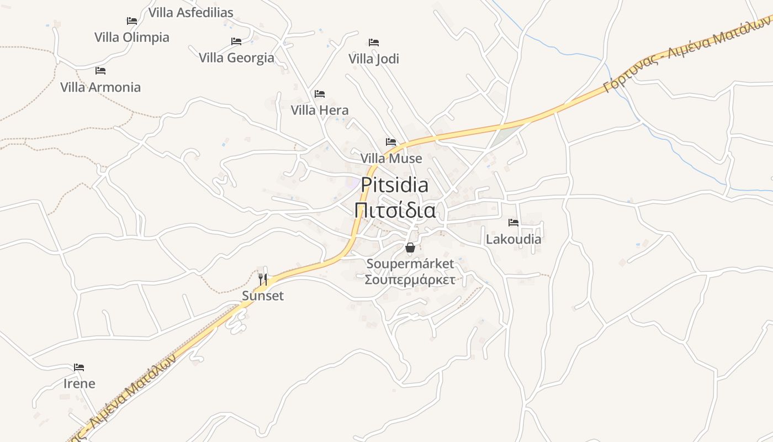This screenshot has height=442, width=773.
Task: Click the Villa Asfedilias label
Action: (190, 12)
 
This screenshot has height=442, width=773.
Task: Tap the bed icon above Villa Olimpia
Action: (132, 21)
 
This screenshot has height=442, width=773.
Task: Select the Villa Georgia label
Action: (236, 57)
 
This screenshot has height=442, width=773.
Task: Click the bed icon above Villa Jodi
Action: (374, 43)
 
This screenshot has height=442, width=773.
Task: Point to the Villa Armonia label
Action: (100, 87)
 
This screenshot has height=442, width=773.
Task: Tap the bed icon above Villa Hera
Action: (320, 94)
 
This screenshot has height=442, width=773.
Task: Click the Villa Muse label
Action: (391, 159)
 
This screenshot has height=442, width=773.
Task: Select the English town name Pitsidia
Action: (395, 185)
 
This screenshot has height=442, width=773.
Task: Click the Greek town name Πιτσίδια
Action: (395, 210)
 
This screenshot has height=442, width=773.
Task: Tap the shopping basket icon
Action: (410, 248)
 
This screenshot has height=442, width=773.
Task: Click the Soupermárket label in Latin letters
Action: (410, 264)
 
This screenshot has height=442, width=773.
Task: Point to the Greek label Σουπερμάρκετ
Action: (410, 280)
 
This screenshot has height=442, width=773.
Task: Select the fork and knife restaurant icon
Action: (263, 280)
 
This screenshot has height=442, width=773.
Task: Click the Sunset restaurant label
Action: (263, 296)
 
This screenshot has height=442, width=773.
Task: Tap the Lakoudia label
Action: (513, 239)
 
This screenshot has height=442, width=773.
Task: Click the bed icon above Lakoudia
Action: (513, 223)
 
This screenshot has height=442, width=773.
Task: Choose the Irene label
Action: (79, 383)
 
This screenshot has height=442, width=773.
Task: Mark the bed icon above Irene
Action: (79, 367)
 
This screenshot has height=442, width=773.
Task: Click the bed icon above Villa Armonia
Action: (100, 71)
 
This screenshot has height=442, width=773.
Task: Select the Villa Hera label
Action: (320, 110)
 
